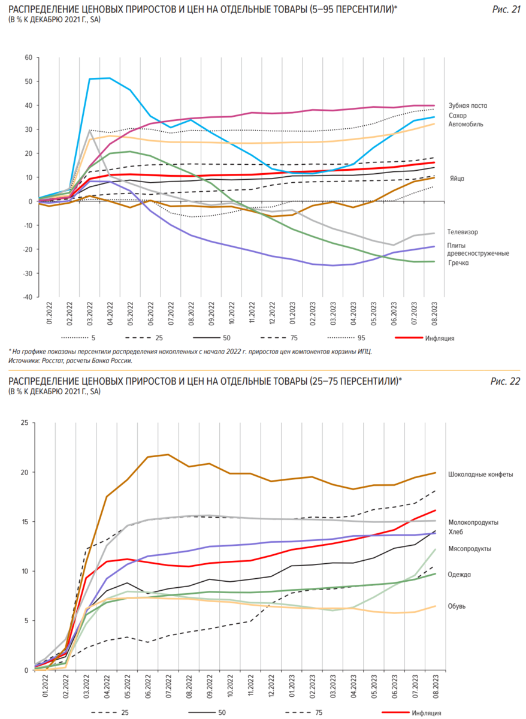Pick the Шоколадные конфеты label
(x=480, y=474)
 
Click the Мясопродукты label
(x=470, y=548)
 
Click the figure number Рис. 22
(x=506, y=380)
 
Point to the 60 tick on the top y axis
(x=28, y=58)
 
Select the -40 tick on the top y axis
(x=26, y=297)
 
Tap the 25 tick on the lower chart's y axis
(x=25, y=422)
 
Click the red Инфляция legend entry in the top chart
(x=440, y=339)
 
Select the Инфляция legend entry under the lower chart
(x=427, y=713)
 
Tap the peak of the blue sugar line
(x=110, y=78)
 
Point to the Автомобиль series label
(x=465, y=124)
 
